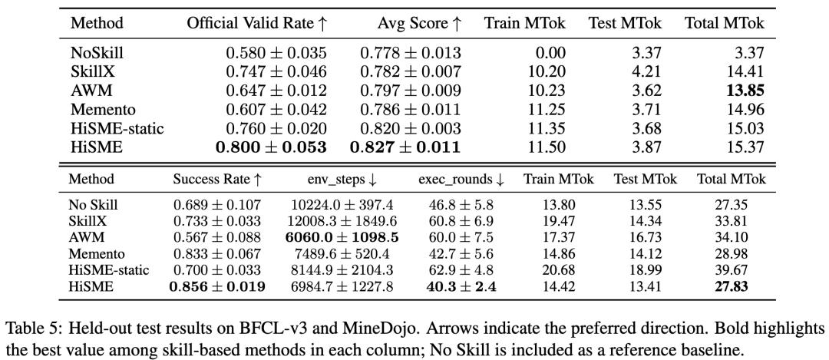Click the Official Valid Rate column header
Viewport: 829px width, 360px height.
[x=257, y=23]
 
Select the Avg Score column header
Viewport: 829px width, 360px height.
[x=419, y=23]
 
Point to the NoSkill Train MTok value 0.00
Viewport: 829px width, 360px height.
[x=551, y=53]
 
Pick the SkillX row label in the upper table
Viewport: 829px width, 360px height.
[x=91, y=72]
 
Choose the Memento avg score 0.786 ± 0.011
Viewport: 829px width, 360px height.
[x=411, y=110]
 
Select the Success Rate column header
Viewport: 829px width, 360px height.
[x=217, y=180]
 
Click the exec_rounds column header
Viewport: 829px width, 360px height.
[x=461, y=180]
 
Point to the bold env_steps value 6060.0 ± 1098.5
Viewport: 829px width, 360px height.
[x=342, y=238]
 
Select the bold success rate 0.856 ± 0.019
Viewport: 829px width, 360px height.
[x=216, y=286]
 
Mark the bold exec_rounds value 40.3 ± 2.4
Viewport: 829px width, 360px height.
[x=461, y=286]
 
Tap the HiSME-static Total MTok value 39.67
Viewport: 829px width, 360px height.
[x=731, y=270]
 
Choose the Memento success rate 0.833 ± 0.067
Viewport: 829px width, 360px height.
[x=216, y=254]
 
